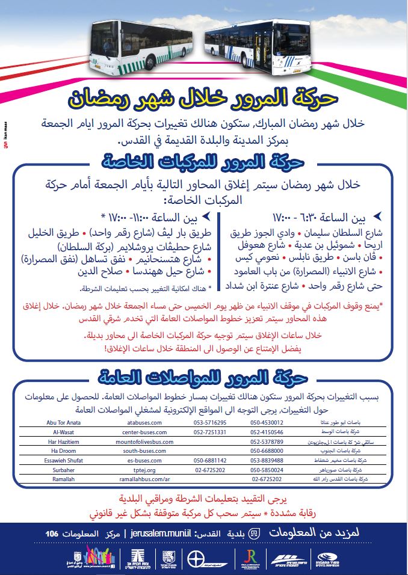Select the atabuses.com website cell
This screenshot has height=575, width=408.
140,422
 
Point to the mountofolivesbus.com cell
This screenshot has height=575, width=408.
140,441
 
